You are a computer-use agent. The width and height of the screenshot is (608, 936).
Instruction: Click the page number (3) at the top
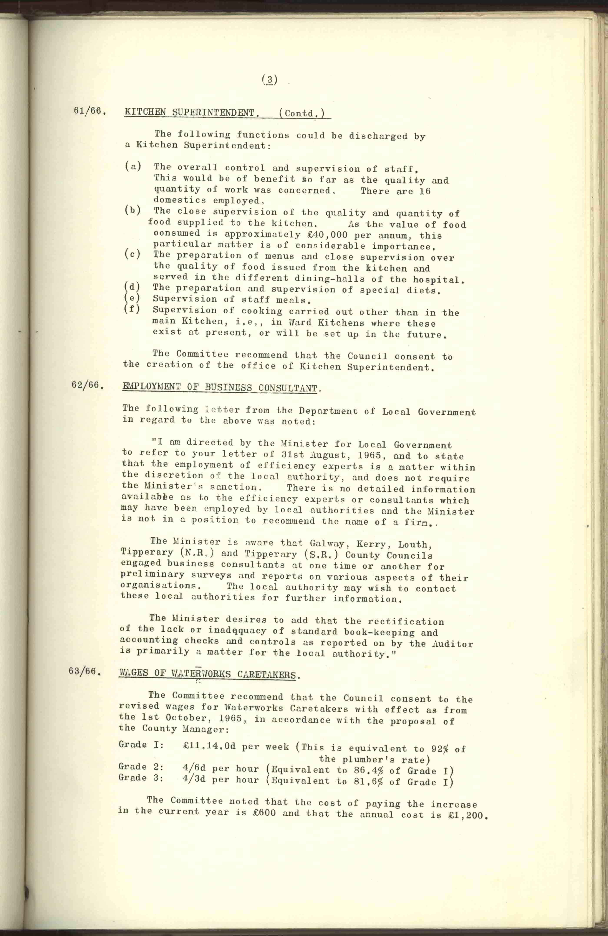click(x=270, y=80)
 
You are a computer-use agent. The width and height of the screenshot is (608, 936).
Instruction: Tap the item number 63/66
click(x=85, y=671)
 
